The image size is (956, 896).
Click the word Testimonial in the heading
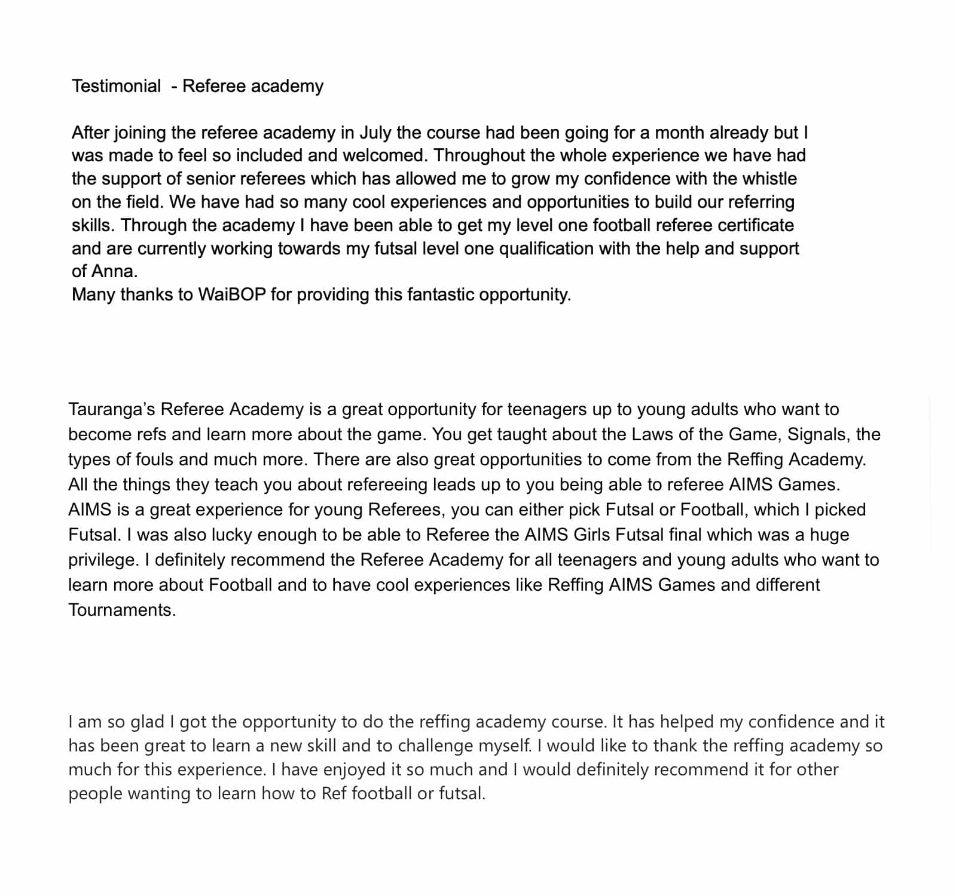(116, 86)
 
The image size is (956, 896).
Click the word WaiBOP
(231, 294)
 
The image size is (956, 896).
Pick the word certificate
(756, 225)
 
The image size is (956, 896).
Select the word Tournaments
(122, 610)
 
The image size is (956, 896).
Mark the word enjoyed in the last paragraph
(355, 769)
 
